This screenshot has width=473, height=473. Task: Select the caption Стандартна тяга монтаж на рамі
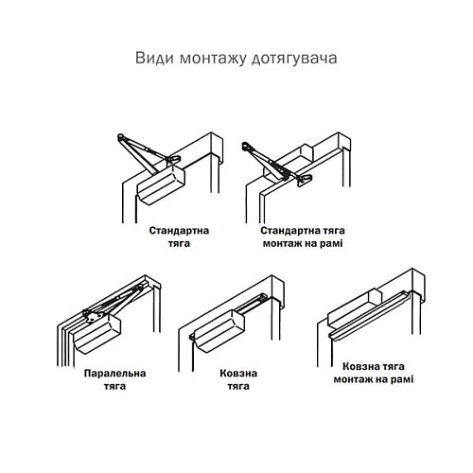click(303, 236)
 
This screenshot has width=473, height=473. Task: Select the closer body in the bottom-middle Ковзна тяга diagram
click(219, 326)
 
